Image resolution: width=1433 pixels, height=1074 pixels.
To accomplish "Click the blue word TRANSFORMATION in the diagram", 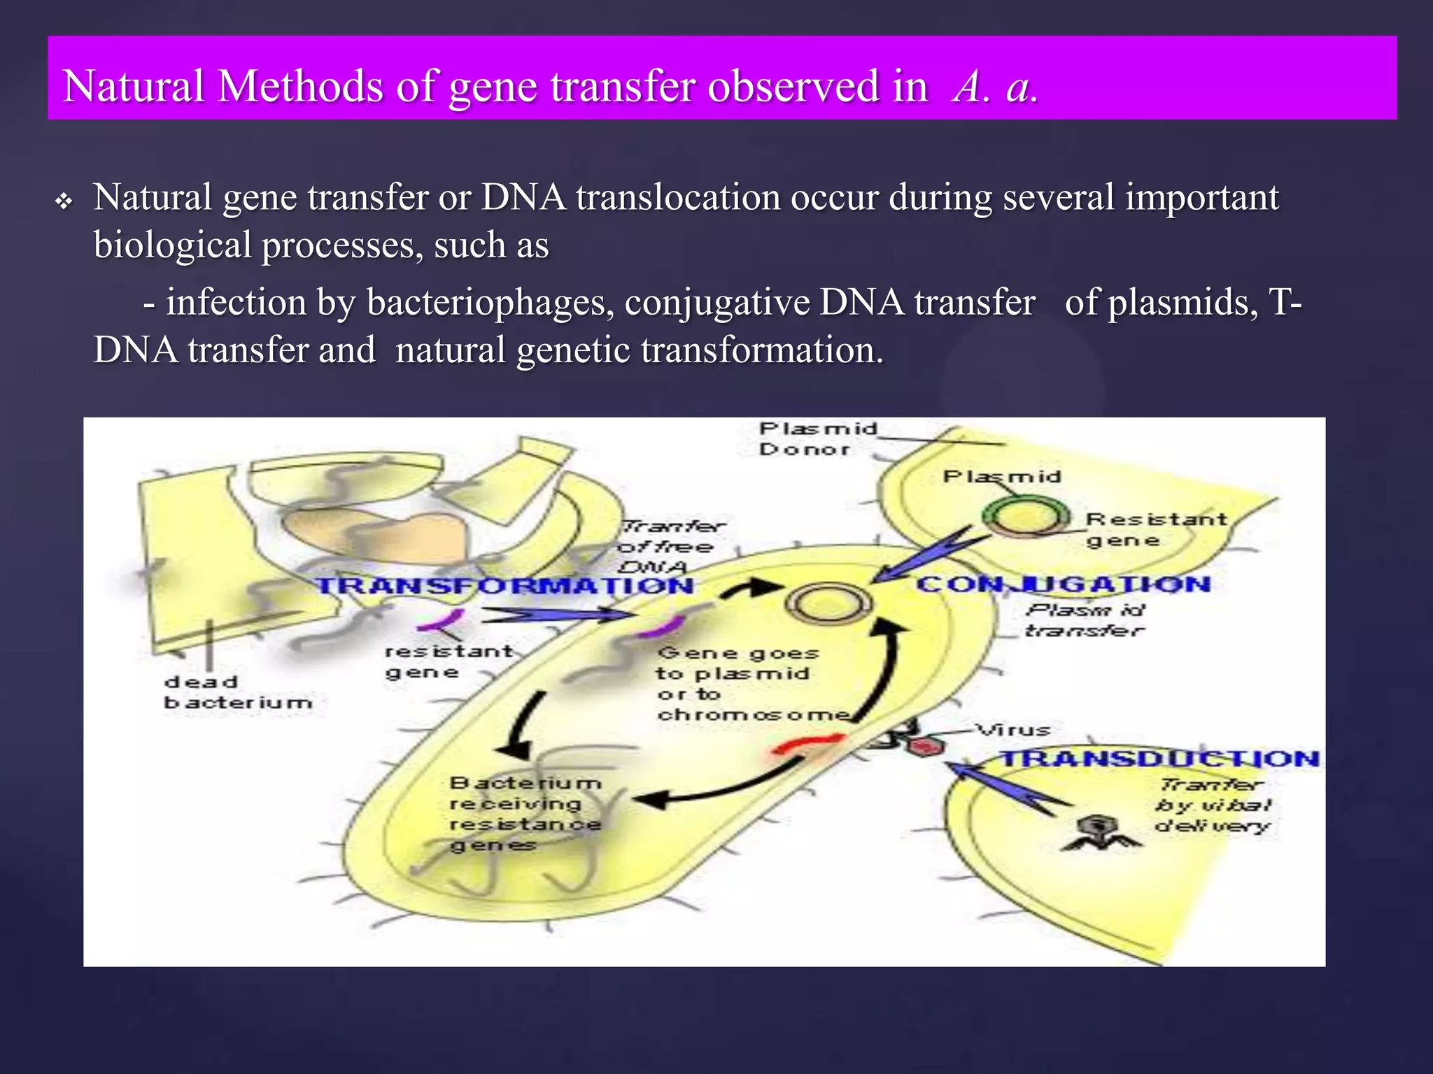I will click(x=505, y=585).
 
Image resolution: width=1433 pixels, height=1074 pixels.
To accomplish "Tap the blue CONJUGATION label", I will click(x=1063, y=584).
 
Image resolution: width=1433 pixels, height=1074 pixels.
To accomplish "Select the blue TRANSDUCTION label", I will click(x=1159, y=759).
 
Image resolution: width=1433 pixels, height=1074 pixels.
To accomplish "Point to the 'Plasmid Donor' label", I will click(x=817, y=438).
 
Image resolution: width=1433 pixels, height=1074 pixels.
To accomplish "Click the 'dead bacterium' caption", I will click(x=237, y=692).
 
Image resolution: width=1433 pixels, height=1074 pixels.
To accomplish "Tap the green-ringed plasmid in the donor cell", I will click(x=1025, y=517).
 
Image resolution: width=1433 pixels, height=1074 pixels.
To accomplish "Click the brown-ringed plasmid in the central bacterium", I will click(x=829, y=603).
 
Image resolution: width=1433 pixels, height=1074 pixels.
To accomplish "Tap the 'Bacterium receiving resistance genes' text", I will click(x=525, y=814).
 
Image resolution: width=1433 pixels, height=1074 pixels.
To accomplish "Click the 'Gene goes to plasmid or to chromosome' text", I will click(x=752, y=684).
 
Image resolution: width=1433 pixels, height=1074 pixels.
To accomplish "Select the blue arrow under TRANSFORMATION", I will click(x=556, y=615).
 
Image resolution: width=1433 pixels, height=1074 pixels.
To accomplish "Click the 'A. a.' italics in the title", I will click(x=994, y=87).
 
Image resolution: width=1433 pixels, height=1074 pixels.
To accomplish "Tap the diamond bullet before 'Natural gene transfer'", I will click(x=64, y=202).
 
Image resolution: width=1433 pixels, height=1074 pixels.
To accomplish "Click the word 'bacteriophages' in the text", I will click(x=490, y=303).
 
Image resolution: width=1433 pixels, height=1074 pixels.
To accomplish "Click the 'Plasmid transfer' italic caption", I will click(x=1085, y=620).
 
